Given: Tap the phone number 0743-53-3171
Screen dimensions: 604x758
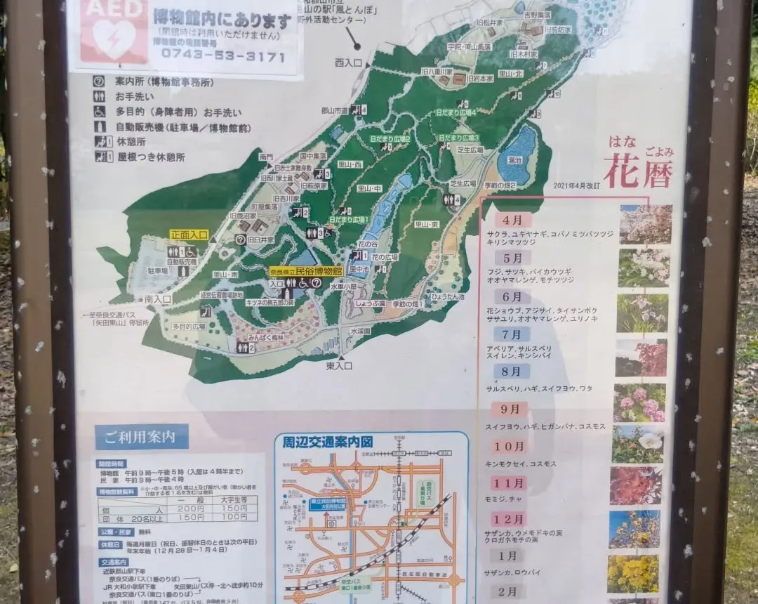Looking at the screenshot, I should click(x=222, y=56).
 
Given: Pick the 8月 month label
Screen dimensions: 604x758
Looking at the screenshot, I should click(x=512, y=372).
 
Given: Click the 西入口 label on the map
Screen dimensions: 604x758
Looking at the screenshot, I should click(x=350, y=63).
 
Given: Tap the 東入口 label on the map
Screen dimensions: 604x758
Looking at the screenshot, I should click(x=338, y=365).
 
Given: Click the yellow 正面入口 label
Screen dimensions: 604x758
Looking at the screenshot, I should click(x=189, y=235).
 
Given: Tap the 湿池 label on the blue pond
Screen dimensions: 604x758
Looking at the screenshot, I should click(x=514, y=161).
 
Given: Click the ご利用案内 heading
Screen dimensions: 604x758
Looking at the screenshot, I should click(x=142, y=436).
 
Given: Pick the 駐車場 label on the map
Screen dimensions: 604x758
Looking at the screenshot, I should click(x=158, y=270).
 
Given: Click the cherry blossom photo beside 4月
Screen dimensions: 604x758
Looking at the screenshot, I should click(x=645, y=224).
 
